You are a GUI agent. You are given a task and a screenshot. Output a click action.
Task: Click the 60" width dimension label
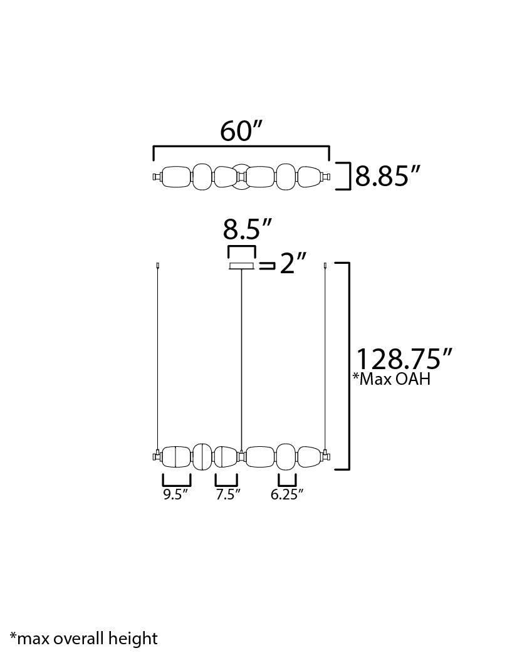(x=242, y=131)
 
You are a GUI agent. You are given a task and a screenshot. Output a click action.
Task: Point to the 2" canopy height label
(x=293, y=264)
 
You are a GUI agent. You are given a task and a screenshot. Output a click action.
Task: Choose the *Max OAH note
(x=392, y=379)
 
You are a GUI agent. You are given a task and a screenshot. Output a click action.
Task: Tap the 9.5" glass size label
(x=175, y=494)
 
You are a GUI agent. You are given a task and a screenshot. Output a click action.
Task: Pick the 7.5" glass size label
(x=228, y=494)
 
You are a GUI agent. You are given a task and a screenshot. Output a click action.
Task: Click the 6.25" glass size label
(x=287, y=494)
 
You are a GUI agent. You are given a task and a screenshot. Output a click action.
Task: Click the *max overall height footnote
(x=84, y=639)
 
